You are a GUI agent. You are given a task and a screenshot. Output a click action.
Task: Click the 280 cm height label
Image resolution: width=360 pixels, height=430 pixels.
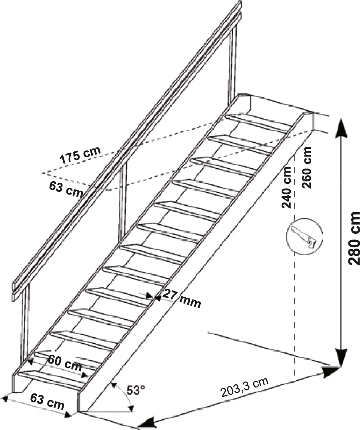pyautogui.click(x=354, y=238)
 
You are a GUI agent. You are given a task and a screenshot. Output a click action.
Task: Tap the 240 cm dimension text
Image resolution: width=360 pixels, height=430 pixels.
pyautogui.click(x=286, y=188)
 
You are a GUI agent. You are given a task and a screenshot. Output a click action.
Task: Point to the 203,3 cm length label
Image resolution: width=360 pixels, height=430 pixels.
pyautogui.click(x=245, y=388)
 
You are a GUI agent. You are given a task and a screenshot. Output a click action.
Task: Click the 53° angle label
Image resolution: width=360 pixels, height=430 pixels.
pyautogui.click(x=135, y=390)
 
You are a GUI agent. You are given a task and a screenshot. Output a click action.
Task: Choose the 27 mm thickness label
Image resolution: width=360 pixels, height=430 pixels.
pyautogui.click(x=182, y=299)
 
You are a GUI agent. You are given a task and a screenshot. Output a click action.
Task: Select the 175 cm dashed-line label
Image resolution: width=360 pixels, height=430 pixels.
pyautogui.click(x=80, y=155)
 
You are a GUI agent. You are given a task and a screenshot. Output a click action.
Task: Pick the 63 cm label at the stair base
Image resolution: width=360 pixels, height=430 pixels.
pyautogui.click(x=47, y=401)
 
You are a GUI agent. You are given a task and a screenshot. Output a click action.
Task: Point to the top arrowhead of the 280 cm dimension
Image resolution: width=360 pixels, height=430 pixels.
pyautogui.click(x=341, y=128)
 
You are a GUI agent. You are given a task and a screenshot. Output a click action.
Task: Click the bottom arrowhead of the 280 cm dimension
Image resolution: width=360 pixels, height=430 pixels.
pyautogui.click(x=341, y=357)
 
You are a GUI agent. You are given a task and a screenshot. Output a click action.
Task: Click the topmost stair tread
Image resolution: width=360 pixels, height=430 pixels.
pyautogui.click(x=258, y=123)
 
